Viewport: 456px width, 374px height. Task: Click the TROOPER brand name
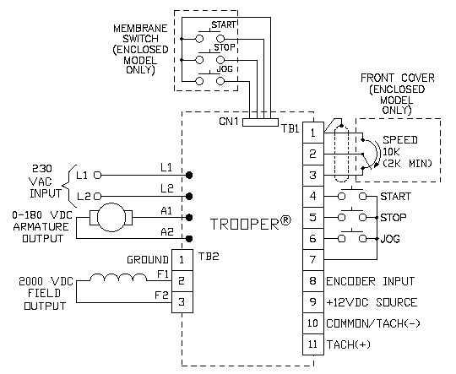pyautogui.click(x=245, y=225)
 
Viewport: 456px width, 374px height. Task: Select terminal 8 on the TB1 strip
pyautogui.click(x=313, y=281)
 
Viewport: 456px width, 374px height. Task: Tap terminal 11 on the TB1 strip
pyautogui.click(x=313, y=344)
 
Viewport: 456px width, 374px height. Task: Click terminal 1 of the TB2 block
pyautogui.click(x=182, y=260)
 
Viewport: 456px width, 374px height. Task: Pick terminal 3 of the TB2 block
pyautogui.click(x=182, y=302)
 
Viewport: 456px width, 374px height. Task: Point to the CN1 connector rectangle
pyautogui.click(x=260, y=122)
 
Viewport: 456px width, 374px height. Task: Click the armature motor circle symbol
pyautogui.click(x=111, y=217)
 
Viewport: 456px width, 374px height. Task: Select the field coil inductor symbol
pyautogui.click(x=118, y=278)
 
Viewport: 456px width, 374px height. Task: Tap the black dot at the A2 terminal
pyautogui.click(x=189, y=239)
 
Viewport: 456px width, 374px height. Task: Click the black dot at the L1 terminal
pyautogui.click(x=189, y=175)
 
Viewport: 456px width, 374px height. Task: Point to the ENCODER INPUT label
pyautogui.click(x=370, y=281)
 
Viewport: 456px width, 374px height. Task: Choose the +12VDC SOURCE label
pyautogui.click(x=372, y=302)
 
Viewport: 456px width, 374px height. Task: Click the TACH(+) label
pyautogui.click(x=349, y=344)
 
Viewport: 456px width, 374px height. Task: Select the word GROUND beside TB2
pyautogui.click(x=148, y=260)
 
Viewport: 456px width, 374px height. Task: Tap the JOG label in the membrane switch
pyautogui.click(x=225, y=69)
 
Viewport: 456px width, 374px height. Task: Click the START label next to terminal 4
pyautogui.click(x=395, y=197)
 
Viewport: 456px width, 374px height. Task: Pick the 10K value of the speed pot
pyautogui.click(x=391, y=151)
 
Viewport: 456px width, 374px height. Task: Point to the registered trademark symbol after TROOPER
pyautogui.click(x=285, y=221)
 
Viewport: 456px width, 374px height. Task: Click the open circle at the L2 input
pyautogui.click(x=98, y=197)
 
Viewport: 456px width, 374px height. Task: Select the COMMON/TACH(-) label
pyautogui.click(x=373, y=323)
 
